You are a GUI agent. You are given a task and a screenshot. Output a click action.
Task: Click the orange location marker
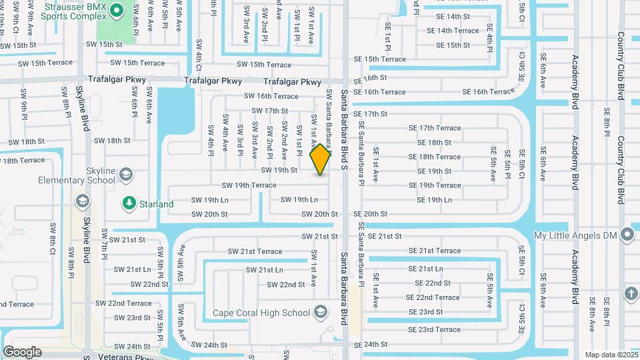[321, 159]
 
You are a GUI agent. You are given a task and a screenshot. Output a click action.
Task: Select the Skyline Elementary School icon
[125, 175]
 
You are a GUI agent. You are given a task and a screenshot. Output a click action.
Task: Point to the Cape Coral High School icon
[321, 313]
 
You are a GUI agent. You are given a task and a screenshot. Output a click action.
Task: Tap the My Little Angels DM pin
[627, 235]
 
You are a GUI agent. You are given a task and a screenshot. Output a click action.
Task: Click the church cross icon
[631, 293]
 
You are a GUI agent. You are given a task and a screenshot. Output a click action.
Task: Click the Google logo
[22, 351]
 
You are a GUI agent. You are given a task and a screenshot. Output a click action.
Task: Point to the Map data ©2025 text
[611, 355]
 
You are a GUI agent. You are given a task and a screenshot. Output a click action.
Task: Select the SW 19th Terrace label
[249, 185]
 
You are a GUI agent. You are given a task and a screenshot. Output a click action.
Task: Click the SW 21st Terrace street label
[255, 251]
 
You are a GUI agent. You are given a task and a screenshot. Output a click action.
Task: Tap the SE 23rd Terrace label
[429, 329]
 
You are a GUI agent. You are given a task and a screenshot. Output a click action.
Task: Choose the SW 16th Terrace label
[271, 96]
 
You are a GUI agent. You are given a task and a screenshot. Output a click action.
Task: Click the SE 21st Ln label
[425, 269]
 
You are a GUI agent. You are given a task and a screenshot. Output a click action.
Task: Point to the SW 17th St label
[269, 111]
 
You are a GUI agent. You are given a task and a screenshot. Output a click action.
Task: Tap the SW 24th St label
[206, 345]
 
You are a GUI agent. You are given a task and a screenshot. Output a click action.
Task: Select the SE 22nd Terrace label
[432, 297]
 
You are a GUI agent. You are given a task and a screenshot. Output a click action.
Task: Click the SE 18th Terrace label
[439, 157]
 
